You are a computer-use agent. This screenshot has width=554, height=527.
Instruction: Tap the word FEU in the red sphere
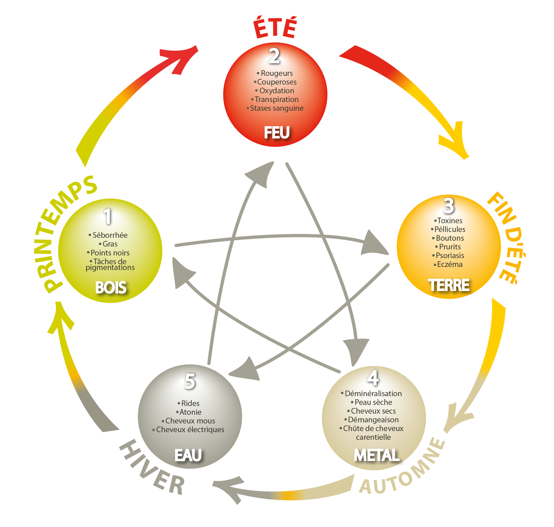[x=277, y=133]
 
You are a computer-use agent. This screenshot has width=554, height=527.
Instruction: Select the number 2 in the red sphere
[x=274, y=56]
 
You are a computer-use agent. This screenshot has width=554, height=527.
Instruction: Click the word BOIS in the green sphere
[x=111, y=288]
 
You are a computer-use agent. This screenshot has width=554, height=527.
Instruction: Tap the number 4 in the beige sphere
[x=373, y=378]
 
